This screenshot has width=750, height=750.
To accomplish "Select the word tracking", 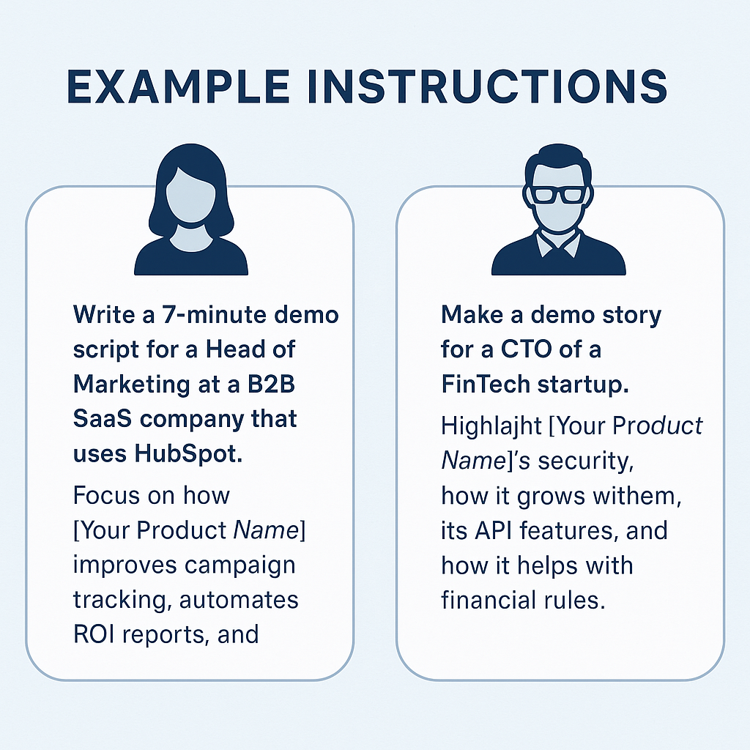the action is click(114, 600).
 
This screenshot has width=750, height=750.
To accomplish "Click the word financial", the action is click(494, 601).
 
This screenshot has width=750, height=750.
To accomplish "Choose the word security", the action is click(587, 461).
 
